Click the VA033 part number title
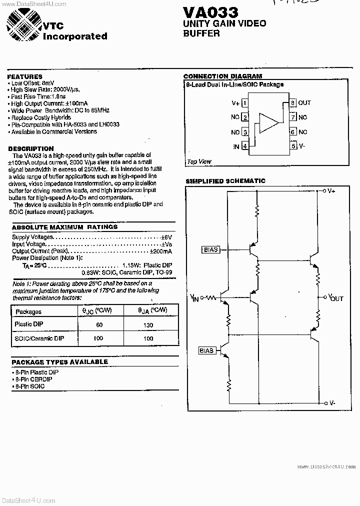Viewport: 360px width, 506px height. pyautogui.click(x=210, y=11)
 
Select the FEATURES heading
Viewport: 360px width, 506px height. pyautogui.click(x=25, y=76)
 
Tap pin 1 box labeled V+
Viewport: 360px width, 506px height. pyautogui.click(x=244, y=103)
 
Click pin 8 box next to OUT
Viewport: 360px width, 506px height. pyautogui.click(x=293, y=103)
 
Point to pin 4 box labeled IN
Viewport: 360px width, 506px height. pyautogui.click(x=244, y=146)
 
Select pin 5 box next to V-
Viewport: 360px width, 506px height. pyautogui.click(x=293, y=146)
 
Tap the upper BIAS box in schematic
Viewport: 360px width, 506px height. pyautogui.click(x=211, y=249)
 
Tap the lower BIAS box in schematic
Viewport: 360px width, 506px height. pyautogui.click(x=206, y=350)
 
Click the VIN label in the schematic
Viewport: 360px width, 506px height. pyautogui.click(x=194, y=298)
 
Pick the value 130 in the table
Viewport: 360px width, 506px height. pyautogui.click(x=148, y=325)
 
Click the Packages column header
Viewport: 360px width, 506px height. pyautogui.click(x=28, y=311)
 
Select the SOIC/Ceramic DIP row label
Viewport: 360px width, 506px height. pyautogui.click(x=39, y=338)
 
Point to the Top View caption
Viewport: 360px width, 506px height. pyautogui.click(x=199, y=161)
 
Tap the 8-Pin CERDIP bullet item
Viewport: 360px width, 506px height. pyautogui.click(x=33, y=379)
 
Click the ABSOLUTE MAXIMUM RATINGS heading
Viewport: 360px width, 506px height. pyautogui.click(x=64, y=227)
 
